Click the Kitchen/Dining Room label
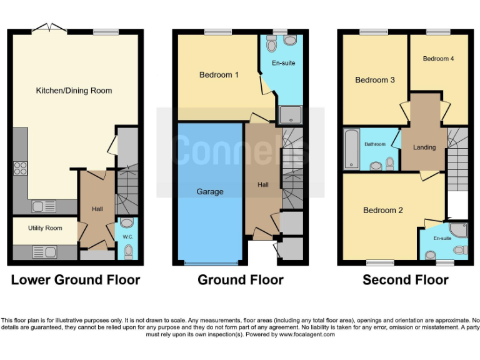click(74, 91)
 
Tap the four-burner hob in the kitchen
click(20, 167)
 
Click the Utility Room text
click(44, 228)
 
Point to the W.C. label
click(127, 237)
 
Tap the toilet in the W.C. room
click(128, 251)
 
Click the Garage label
click(210, 191)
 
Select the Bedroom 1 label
click(219, 75)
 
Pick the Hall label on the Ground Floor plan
click(263, 184)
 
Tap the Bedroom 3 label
click(375, 80)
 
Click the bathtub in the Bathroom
click(351, 148)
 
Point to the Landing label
click(424, 147)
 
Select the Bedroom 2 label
click(383, 211)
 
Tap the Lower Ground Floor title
click(75, 280)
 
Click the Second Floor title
click(405, 280)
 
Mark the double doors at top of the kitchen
click(49, 27)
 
